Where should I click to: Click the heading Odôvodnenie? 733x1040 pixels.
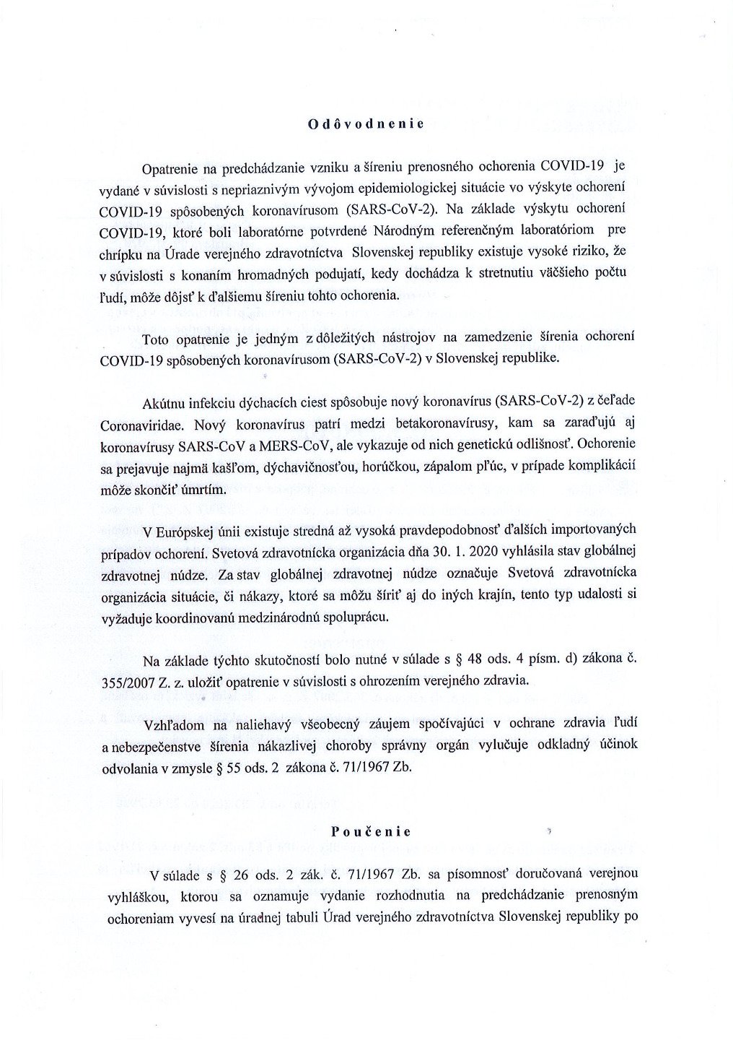(x=366, y=123)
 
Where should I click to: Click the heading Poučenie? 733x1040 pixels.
(x=366, y=831)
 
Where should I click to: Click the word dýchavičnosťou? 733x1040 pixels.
(x=266, y=467)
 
